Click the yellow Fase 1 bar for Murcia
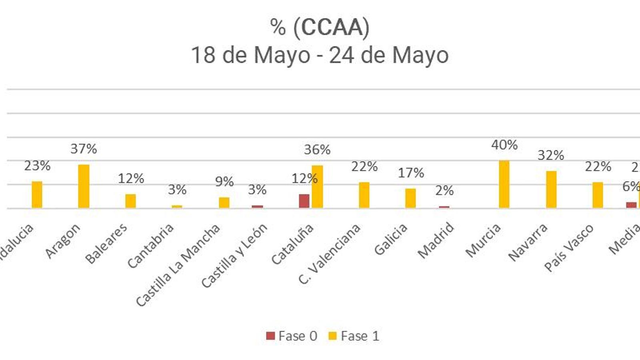[x=504, y=184]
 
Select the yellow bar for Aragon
[x=84, y=186]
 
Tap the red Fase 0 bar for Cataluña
[x=304, y=201]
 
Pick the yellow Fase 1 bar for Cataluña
[x=317, y=187]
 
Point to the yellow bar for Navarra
[x=551, y=190]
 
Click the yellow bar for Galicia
[x=410, y=198]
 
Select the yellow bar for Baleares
[x=130, y=201]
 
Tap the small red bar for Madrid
[x=444, y=207]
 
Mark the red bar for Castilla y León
[x=257, y=207]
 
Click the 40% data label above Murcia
[x=504, y=145]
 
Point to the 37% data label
[x=84, y=149]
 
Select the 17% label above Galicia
[x=411, y=173]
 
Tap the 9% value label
[x=224, y=182]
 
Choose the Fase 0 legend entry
[x=292, y=336]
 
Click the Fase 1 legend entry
[x=354, y=336]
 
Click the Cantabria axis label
[x=151, y=245]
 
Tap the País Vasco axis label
[x=569, y=248]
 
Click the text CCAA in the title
[x=331, y=27]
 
